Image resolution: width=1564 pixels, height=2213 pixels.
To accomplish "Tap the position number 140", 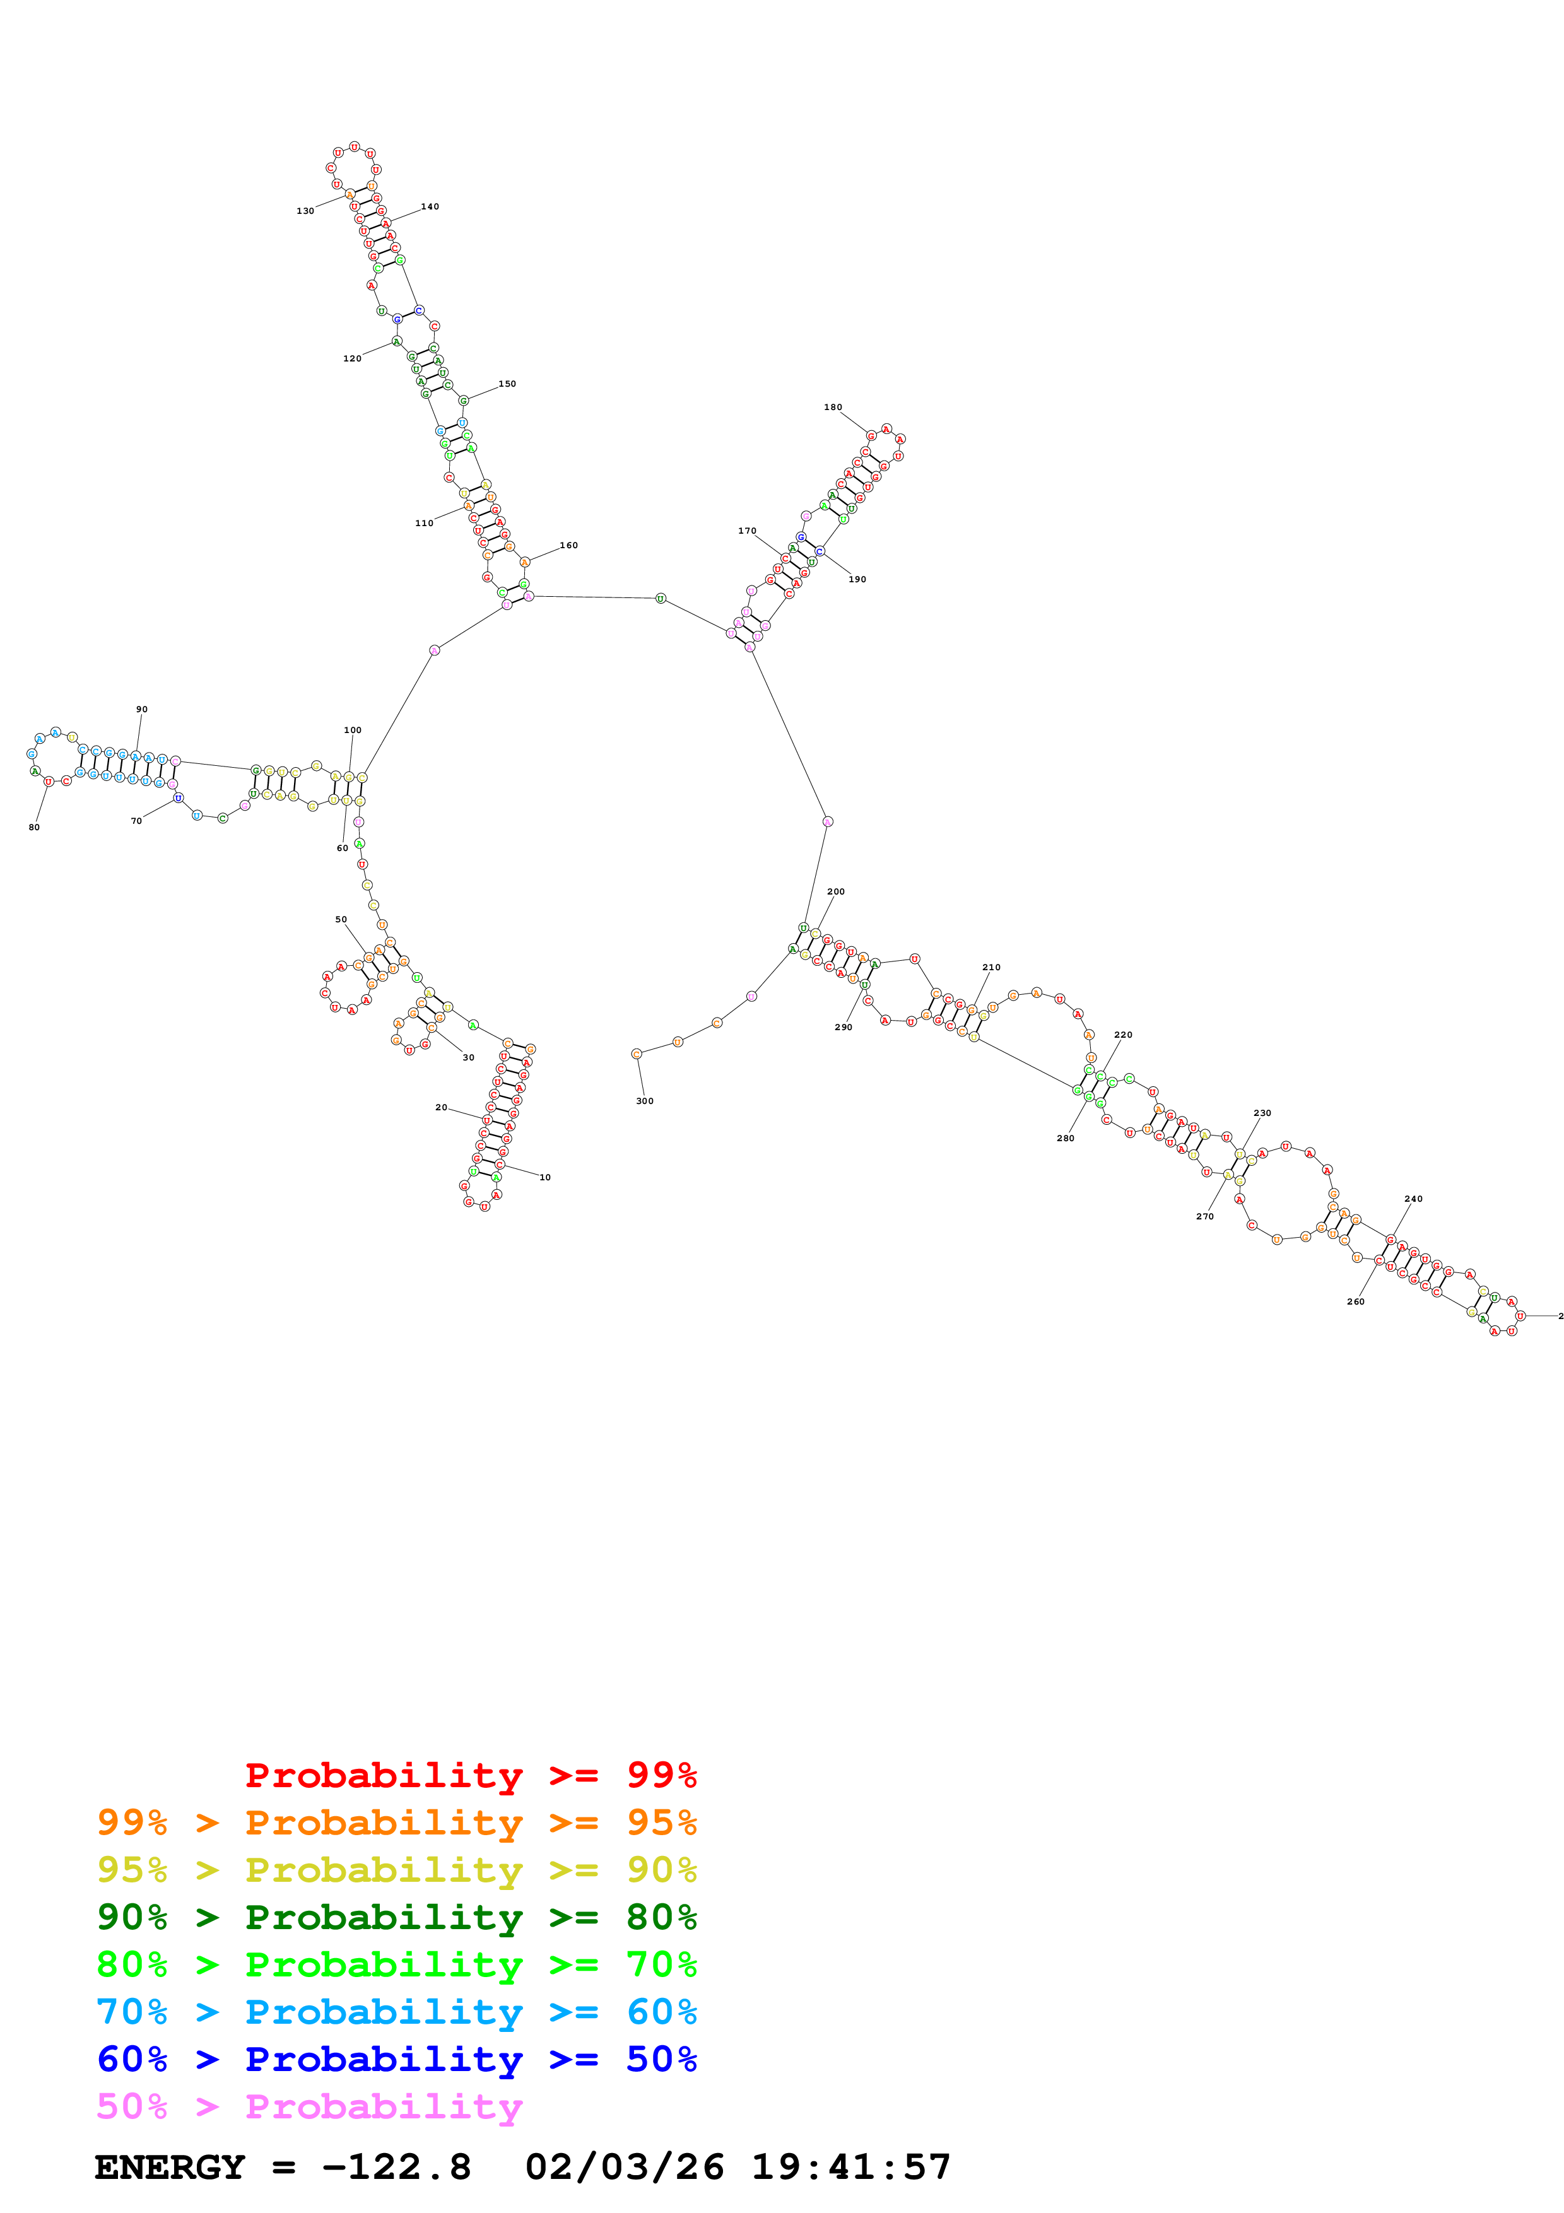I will (430, 206).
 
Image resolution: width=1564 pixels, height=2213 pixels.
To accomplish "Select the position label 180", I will (833, 407).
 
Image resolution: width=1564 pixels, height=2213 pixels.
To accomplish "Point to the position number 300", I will (645, 1101).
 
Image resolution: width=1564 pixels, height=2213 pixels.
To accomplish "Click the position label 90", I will (142, 710).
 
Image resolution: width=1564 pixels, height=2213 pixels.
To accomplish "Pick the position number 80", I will (33, 827).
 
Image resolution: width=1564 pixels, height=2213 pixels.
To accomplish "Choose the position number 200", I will (835, 891).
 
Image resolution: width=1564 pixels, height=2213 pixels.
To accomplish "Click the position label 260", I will (1355, 1301).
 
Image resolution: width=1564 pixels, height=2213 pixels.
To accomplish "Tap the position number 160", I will (568, 546).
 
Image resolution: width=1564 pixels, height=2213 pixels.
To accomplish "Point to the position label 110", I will (424, 524).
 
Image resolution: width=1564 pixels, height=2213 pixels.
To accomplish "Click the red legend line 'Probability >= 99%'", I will (470, 1775).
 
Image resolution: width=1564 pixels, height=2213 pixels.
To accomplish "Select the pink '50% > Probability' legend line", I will (309, 2107).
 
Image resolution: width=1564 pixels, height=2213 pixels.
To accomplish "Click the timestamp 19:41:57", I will (851, 2168).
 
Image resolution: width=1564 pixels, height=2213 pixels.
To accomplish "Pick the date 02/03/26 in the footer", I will (625, 2168).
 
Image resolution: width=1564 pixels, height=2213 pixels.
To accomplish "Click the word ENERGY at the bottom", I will (170, 2168).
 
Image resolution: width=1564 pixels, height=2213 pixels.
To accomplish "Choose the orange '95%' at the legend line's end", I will (661, 1823).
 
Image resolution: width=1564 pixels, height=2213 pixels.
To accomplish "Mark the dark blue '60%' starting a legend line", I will (132, 2060).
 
